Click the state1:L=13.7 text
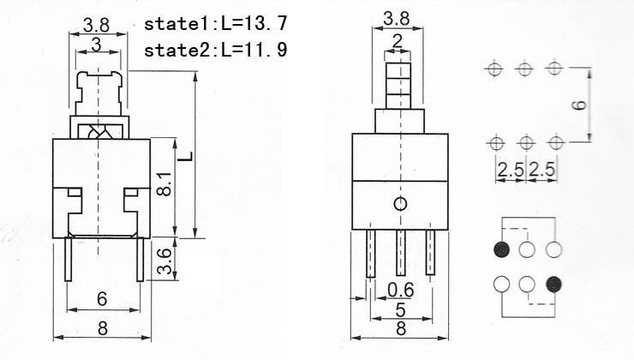[216, 23]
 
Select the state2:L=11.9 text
[216, 50]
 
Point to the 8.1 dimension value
[164, 183]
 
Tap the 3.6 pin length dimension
[164, 261]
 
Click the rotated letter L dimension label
[186, 156]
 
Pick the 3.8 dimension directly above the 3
[96, 25]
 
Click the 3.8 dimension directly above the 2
[396, 19]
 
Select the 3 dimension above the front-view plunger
[96, 45]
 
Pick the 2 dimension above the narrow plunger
[398, 41]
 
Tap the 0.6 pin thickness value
[401, 290]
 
